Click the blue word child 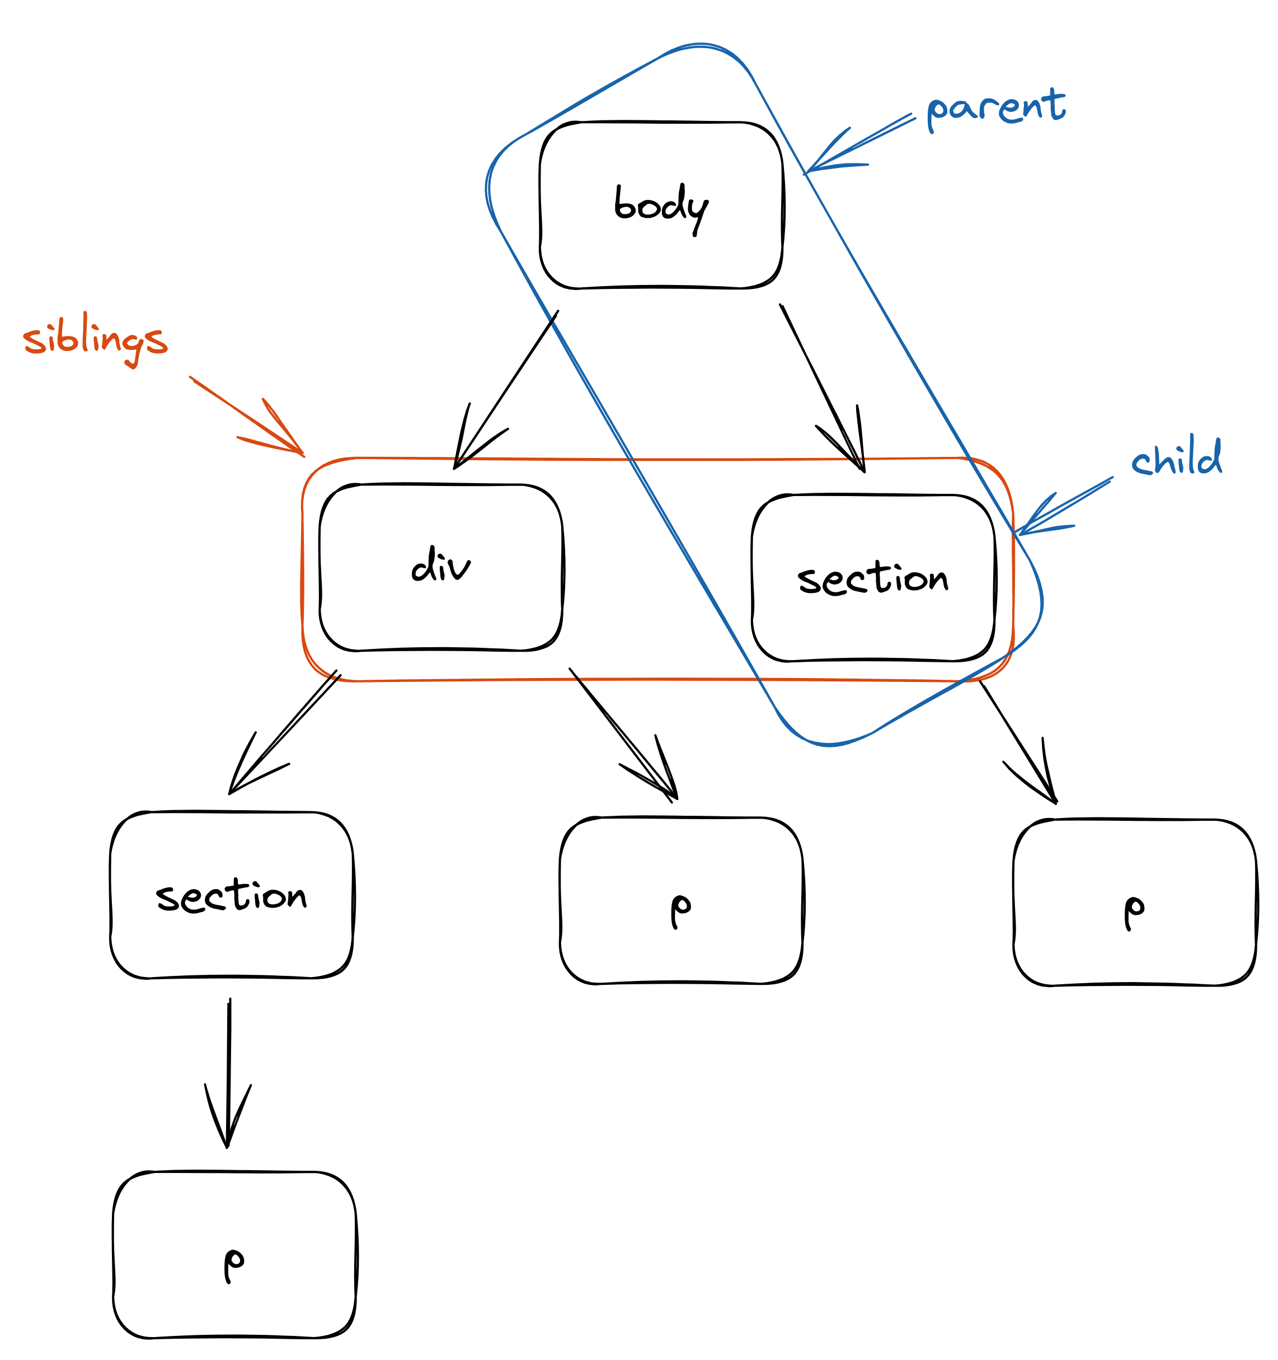click(x=1176, y=457)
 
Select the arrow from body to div click(x=506, y=390)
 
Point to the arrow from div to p click(x=622, y=735)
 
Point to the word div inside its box click(x=440, y=565)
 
